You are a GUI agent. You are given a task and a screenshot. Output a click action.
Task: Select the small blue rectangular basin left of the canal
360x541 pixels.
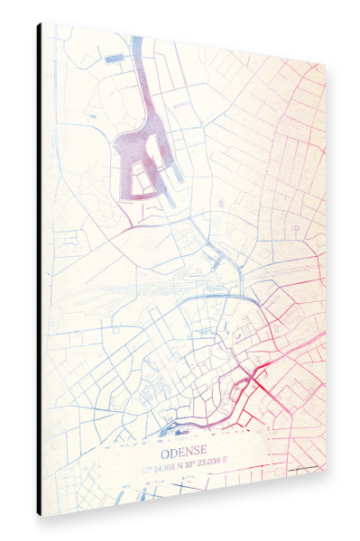[x=115, y=60]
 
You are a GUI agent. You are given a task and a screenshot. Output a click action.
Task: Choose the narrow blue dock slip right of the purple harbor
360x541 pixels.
[x=177, y=167]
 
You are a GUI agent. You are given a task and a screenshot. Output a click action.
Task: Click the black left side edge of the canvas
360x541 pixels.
[x=39, y=270]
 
